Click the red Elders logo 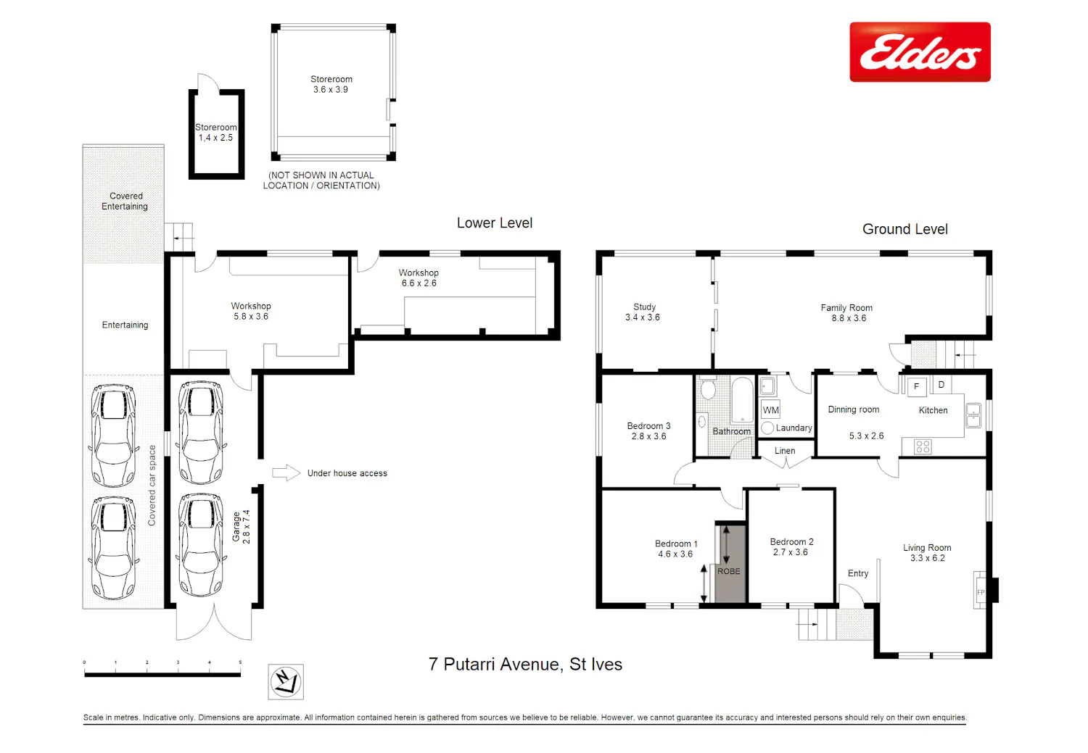click(x=920, y=52)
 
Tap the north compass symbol click(x=286, y=682)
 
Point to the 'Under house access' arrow click(x=286, y=473)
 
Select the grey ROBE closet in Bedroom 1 click(x=730, y=564)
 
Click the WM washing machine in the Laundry click(x=770, y=410)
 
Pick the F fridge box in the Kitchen click(x=917, y=387)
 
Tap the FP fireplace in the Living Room click(x=981, y=590)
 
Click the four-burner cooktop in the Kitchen click(x=923, y=446)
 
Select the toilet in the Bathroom click(x=707, y=388)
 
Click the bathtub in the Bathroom click(x=742, y=401)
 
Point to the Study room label click(x=644, y=307)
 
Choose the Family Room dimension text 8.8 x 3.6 click(x=849, y=318)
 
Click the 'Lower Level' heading click(x=495, y=222)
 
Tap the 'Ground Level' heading click(x=905, y=229)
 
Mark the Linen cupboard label click(x=784, y=451)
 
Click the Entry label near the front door click(x=858, y=573)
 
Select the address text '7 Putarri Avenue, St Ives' click(x=525, y=664)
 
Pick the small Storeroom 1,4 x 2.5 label click(x=215, y=133)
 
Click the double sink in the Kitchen click(x=973, y=415)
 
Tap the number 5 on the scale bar click(x=240, y=662)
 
